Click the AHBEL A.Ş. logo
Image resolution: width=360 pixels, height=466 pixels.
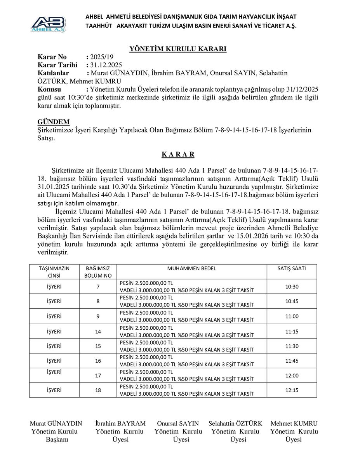coord(48,23)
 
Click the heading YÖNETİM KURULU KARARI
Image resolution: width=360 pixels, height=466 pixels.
coord(178,49)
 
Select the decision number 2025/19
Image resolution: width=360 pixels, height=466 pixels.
coord(101,57)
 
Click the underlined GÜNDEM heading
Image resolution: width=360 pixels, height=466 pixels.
coord(54,122)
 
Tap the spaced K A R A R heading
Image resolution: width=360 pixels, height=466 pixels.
coord(178,154)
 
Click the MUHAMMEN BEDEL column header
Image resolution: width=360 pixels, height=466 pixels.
coord(191,268)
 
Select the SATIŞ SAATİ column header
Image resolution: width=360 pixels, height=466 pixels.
coord(291,268)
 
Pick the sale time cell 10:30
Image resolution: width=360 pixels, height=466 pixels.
coord(291,287)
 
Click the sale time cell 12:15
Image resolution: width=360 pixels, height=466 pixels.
coord(291,390)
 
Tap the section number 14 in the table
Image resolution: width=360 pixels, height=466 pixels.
coord(98,331)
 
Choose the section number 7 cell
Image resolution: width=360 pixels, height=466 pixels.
coord(98,287)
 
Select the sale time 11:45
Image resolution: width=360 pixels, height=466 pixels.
coord(291,361)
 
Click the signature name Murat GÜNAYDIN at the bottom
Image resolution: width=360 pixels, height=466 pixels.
coord(56,423)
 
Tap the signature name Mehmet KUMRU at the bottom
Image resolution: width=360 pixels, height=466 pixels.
coord(294,423)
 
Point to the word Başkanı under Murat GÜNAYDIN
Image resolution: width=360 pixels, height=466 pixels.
coord(57,440)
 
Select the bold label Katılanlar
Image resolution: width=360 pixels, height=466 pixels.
coord(53,73)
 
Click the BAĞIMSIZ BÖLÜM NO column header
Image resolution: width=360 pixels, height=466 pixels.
coord(98,272)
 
